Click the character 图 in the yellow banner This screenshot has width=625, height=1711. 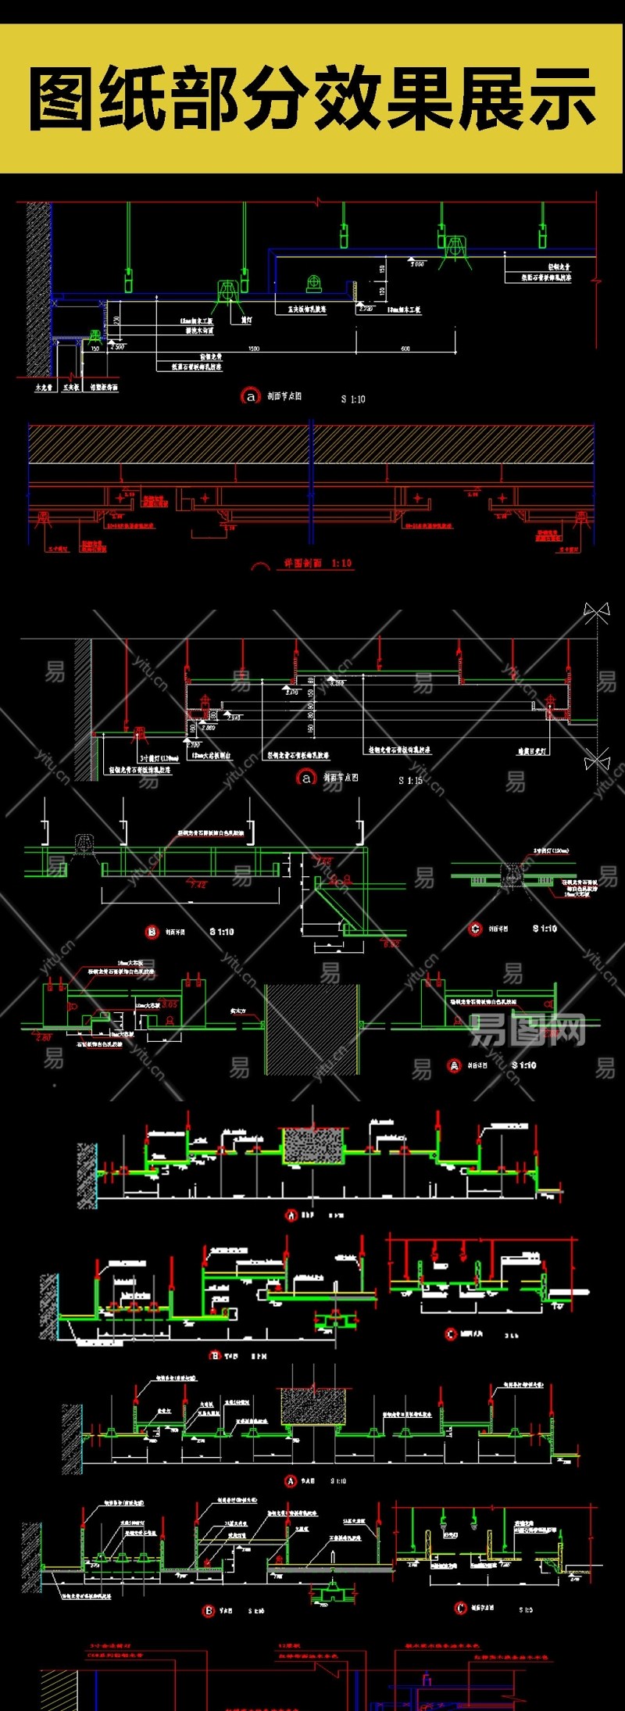[62, 99]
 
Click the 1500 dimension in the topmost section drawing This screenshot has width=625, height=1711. [254, 349]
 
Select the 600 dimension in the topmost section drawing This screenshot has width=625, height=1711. [405, 349]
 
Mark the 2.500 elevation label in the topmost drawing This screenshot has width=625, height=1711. [116, 345]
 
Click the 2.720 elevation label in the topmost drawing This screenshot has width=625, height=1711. [366, 309]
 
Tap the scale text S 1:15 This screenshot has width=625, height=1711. [410, 780]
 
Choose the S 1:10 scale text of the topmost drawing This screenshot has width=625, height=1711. [353, 399]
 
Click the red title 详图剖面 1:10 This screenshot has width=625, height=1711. [317, 563]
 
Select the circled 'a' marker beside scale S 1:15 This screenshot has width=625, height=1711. [305, 778]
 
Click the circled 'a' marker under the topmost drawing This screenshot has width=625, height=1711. [250, 396]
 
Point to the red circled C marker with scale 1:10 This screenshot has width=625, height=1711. [475, 929]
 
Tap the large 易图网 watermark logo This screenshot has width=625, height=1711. [528, 1030]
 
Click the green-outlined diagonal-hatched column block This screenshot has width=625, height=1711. [312, 1029]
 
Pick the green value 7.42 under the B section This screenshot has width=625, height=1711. [198, 884]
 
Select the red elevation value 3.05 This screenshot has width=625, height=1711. [169, 1004]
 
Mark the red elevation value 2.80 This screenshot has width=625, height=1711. [43, 1036]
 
